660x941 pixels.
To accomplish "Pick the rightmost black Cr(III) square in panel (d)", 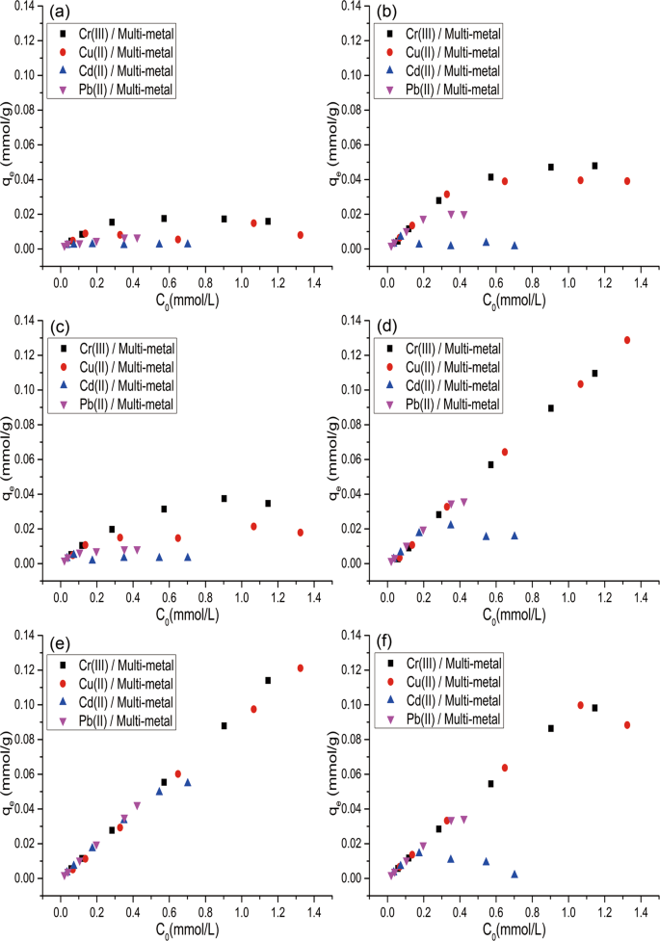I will point(594,373).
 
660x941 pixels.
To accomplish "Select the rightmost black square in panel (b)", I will point(594,166).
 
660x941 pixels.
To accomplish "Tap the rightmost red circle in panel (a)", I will point(301,235).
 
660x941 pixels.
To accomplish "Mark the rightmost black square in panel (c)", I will point(268,503).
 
